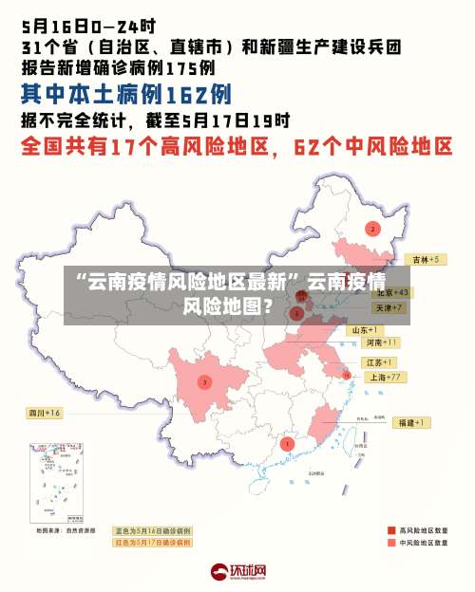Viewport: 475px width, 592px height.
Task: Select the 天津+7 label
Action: click(x=389, y=308)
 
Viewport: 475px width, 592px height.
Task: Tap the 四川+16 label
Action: click(x=44, y=413)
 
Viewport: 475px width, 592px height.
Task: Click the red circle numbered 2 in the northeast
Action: click(x=372, y=229)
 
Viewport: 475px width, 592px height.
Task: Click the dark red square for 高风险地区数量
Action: click(x=390, y=530)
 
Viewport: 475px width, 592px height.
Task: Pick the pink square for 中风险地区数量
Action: click(x=390, y=544)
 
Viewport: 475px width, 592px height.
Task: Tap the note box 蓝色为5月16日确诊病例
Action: click(x=153, y=531)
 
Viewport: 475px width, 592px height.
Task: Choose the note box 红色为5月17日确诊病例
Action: click(x=153, y=543)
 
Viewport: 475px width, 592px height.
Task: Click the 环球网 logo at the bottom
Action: click(x=237, y=571)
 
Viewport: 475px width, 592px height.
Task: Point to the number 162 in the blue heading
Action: click(x=184, y=94)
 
